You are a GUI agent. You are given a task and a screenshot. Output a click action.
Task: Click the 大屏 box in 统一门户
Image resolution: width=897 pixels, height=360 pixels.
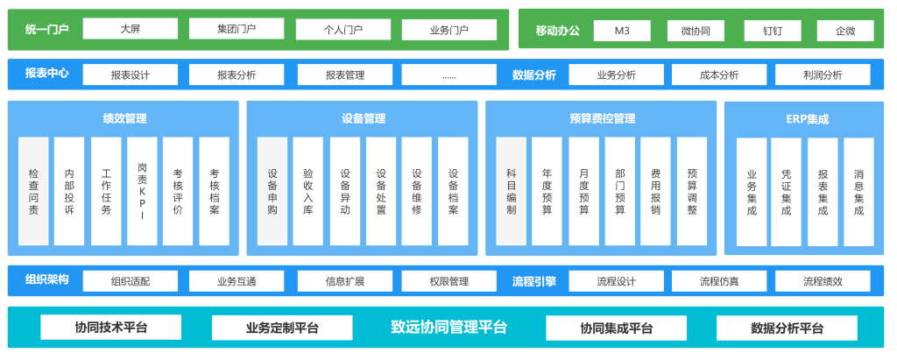point(130,29)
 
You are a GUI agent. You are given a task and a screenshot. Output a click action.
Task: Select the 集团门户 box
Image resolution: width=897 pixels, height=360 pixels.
point(237,29)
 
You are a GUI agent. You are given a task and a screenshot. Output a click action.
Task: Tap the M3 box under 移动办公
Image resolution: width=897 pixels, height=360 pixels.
point(622,31)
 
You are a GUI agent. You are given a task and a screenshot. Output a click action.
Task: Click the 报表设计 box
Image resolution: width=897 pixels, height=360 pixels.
point(130,74)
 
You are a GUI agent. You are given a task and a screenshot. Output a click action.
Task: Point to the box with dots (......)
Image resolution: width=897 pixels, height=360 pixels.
point(449,74)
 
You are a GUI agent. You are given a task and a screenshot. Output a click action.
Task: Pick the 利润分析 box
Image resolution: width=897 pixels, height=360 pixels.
point(823,74)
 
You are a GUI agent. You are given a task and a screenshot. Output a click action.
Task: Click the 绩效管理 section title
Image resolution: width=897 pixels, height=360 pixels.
point(124,119)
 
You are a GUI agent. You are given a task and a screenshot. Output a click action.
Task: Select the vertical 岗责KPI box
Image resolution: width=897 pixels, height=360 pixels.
point(142,191)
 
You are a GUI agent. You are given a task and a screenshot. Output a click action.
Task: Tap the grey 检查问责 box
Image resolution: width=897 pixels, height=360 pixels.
point(33,191)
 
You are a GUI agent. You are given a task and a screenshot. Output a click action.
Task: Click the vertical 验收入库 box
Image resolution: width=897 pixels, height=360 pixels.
point(308,191)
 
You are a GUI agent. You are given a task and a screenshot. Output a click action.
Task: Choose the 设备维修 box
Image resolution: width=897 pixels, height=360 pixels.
point(417,191)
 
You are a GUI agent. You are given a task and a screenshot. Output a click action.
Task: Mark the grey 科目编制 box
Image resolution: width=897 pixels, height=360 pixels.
point(512,191)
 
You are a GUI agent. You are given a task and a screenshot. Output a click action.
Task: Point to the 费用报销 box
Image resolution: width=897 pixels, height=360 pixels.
point(655,191)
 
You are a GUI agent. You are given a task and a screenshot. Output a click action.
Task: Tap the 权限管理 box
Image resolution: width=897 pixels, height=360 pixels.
point(449,281)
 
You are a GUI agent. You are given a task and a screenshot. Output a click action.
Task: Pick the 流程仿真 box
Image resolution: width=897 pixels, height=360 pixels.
point(719,281)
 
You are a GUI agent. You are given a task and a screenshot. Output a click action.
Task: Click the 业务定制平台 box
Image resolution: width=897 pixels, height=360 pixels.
point(282,328)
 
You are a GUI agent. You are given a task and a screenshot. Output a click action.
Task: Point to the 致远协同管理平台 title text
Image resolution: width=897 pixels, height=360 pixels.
point(448,328)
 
